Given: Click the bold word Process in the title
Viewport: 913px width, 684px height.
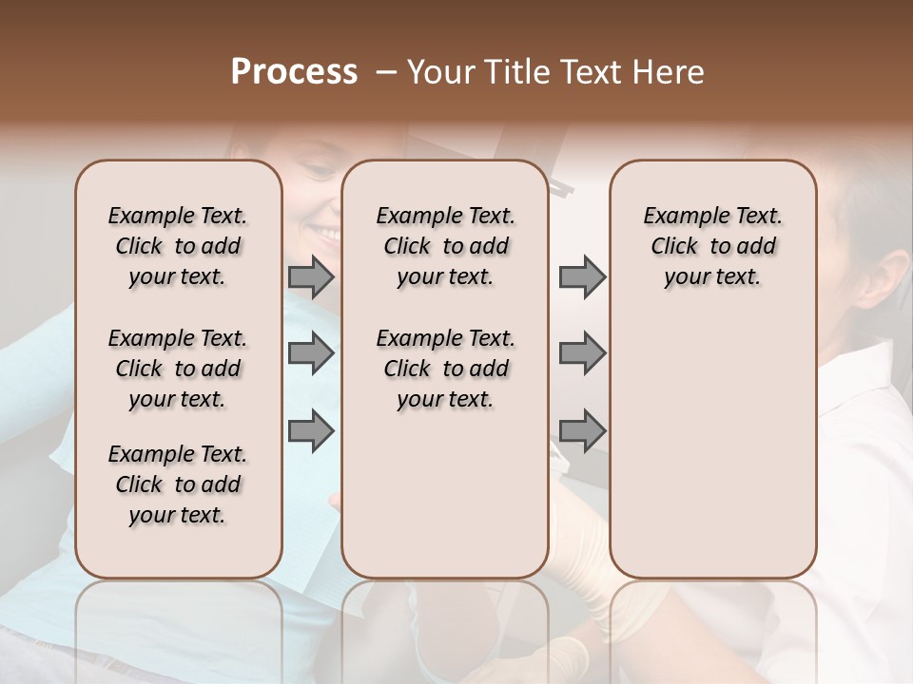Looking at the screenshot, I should coord(294,72).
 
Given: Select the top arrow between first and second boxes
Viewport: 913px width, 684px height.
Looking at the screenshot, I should coord(311,276).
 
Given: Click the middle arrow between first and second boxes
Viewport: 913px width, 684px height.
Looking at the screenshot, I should coord(311,353).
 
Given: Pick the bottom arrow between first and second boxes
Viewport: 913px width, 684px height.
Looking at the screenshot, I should coord(311,431).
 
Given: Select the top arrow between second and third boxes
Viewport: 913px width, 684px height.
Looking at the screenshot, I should coord(582,276).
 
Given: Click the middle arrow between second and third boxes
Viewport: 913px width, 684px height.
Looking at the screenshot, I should coord(582,353).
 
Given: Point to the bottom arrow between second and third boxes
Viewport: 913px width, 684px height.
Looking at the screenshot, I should coord(582,431).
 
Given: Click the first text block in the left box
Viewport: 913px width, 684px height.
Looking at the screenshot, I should coord(178,246).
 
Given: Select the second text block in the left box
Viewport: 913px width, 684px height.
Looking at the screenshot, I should coord(178,369).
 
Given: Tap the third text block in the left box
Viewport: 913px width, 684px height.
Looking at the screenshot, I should coord(178,484).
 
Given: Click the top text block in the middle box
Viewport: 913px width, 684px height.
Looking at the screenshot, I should coord(445,246).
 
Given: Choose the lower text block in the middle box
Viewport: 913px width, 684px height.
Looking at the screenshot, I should coord(445,369).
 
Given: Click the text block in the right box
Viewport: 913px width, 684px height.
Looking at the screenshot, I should coord(712,246).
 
